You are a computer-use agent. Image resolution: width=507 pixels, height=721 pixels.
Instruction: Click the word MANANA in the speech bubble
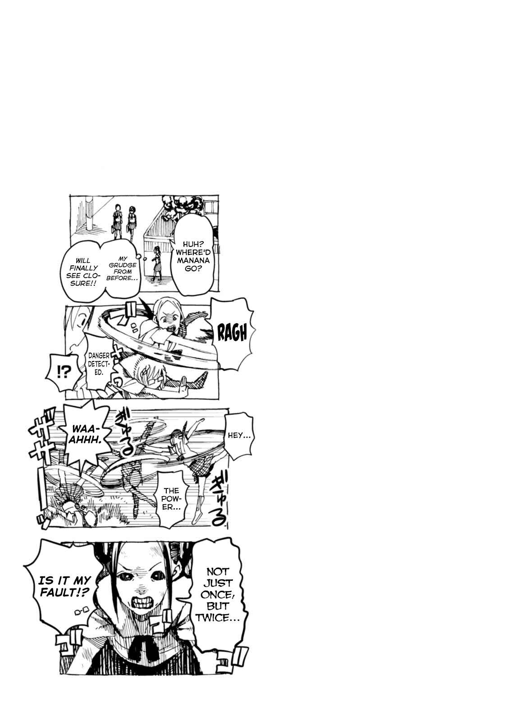pos(193,260)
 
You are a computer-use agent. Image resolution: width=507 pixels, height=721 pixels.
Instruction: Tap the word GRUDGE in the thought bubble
pos(123,265)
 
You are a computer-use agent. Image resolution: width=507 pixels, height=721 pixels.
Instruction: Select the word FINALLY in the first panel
pos(83,268)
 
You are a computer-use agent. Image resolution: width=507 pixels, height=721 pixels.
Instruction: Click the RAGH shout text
pos(232,333)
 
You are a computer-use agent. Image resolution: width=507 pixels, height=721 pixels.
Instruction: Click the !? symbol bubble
pos(63,374)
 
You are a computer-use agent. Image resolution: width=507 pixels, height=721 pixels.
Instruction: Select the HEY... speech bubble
pos(239,435)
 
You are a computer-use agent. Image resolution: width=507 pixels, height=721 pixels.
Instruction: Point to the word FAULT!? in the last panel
pos(64,593)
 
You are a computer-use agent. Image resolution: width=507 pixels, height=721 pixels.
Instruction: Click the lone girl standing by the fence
pos(157,263)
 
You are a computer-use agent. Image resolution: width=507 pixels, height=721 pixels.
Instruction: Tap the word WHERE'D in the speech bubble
pos(193,253)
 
